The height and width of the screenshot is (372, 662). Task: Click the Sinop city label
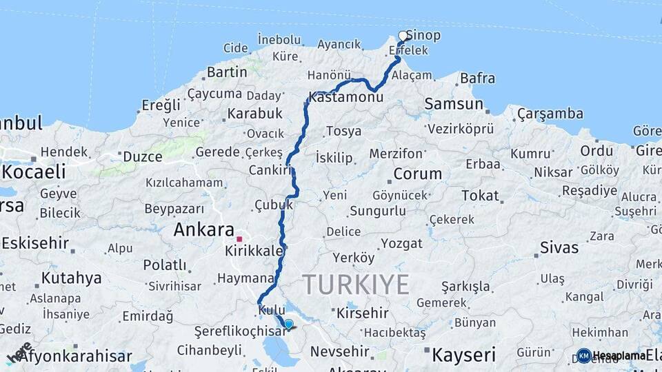(x=423, y=35)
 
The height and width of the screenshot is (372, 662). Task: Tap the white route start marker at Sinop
(x=403, y=36)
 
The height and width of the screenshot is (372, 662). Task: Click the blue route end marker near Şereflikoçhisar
(x=288, y=324)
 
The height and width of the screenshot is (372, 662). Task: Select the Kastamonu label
(x=346, y=97)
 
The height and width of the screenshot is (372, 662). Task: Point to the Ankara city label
(x=203, y=230)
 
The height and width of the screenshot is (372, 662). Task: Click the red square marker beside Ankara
(x=239, y=238)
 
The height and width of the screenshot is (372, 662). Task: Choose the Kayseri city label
(x=463, y=355)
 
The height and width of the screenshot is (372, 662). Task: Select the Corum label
(x=417, y=174)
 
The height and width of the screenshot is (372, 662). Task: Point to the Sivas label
(x=559, y=247)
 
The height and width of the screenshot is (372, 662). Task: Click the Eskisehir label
(x=35, y=243)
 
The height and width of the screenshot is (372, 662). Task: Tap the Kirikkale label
(x=254, y=251)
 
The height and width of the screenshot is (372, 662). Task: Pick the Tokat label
(x=480, y=196)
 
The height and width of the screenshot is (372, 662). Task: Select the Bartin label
(x=227, y=72)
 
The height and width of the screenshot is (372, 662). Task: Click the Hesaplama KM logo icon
(x=583, y=355)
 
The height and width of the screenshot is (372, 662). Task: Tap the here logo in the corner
(x=19, y=353)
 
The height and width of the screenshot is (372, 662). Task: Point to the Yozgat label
(x=401, y=244)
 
